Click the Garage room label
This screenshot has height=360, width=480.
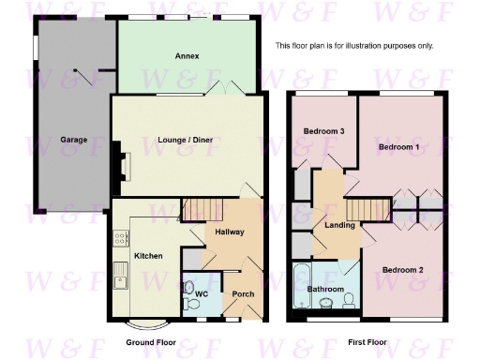74,140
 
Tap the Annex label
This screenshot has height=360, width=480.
187,56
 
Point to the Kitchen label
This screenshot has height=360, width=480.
148,256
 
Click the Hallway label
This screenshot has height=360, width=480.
229,232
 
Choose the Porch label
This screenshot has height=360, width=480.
243,294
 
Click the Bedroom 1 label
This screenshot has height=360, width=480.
397,148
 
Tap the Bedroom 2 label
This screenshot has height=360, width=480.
403,270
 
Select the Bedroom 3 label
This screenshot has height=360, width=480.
325,131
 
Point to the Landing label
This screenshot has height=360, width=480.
339,225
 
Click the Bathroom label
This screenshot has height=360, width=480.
326,289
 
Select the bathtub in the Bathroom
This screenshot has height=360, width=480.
300,285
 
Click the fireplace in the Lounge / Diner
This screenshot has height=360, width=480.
120,159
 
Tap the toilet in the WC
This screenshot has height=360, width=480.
189,288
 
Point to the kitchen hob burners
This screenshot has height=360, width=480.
121,238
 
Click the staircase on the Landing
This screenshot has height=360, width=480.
368,208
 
